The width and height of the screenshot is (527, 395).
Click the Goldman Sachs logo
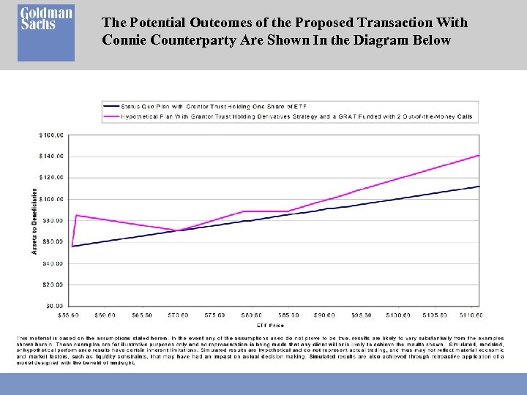pos(46,33)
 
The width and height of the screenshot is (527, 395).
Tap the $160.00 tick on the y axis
pos(51,135)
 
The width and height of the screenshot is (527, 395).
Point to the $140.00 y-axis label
pos(51,156)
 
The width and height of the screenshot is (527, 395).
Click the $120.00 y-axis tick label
pos(51,177)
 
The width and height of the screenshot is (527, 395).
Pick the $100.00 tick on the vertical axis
pos(51,199)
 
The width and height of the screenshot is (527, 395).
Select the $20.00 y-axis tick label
pos(53,285)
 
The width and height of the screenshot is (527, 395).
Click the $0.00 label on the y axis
pos(55,306)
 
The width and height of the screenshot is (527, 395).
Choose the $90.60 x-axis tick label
pos(324,315)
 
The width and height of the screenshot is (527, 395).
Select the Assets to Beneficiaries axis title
pos(34,219)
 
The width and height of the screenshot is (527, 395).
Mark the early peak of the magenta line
pos(76,215)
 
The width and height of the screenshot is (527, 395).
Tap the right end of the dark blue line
pos(479,186)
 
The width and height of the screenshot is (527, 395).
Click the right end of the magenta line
pos(479,155)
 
